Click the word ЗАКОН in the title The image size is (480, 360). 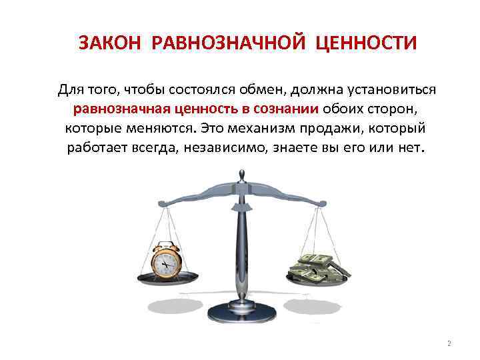click(111, 43)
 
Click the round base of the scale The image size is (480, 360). click(241, 313)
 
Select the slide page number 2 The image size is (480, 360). click(449, 343)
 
